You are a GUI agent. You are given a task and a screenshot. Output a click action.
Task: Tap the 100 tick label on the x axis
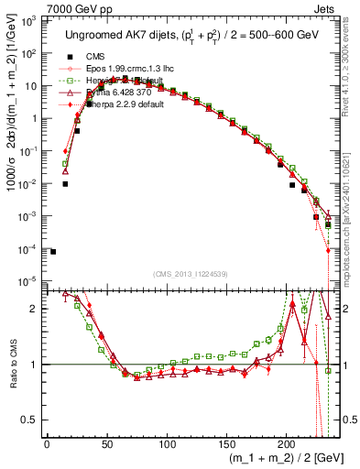click(166, 443)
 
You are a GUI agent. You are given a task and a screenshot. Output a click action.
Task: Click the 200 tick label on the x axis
click(286, 443)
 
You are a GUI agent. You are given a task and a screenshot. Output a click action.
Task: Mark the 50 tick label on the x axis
click(106, 443)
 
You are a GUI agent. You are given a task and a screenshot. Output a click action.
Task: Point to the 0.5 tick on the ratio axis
click(31, 420)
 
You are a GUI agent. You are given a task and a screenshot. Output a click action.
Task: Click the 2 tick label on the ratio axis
click(35, 309)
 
